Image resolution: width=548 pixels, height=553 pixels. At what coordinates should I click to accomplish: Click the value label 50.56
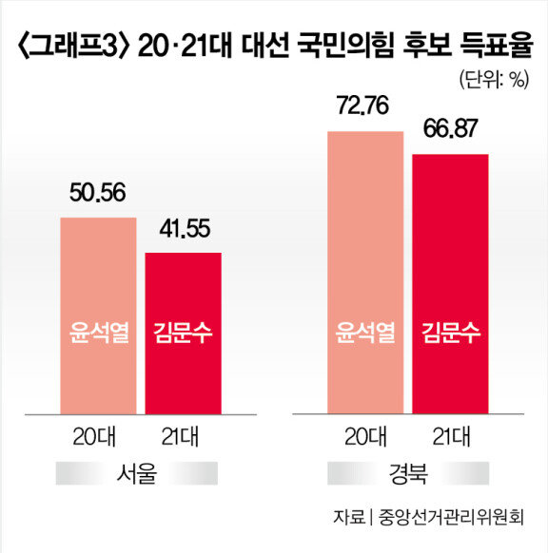tap(97, 193)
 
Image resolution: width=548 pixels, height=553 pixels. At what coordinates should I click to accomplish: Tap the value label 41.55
tap(185, 229)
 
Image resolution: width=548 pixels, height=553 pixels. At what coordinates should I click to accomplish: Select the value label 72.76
tap(363, 105)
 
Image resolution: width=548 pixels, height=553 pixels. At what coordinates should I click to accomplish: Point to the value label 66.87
tap(450, 128)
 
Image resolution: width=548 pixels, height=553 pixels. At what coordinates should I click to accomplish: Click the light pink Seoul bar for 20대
tap(98, 315)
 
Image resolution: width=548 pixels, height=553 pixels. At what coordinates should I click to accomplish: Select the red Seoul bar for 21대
tap(184, 334)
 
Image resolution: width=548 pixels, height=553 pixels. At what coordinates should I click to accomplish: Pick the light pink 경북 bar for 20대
tap(365, 273)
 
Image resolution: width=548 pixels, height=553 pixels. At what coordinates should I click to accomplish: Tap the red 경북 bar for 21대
tap(451, 284)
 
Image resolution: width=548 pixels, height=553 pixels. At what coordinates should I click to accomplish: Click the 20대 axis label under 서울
tap(94, 437)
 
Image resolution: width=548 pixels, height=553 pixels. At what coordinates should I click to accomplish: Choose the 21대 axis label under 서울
tap(180, 437)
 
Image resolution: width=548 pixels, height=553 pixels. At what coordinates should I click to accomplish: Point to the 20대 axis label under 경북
tap(365, 437)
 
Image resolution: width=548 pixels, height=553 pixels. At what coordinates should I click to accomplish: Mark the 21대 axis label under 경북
tap(451, 437)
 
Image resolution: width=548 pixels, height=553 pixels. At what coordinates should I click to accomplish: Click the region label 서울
tap(137, 473)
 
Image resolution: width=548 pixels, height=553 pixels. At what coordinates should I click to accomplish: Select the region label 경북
tap(408, 473)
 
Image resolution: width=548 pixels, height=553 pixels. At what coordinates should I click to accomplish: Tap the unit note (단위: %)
tap(495, 80)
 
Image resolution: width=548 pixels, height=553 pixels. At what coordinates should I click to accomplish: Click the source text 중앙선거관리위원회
tap(451, 518)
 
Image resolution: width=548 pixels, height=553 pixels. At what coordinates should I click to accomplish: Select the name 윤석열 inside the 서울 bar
tap(99, 333)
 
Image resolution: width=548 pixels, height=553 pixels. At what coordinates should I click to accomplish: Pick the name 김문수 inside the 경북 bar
tap(451, 333)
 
